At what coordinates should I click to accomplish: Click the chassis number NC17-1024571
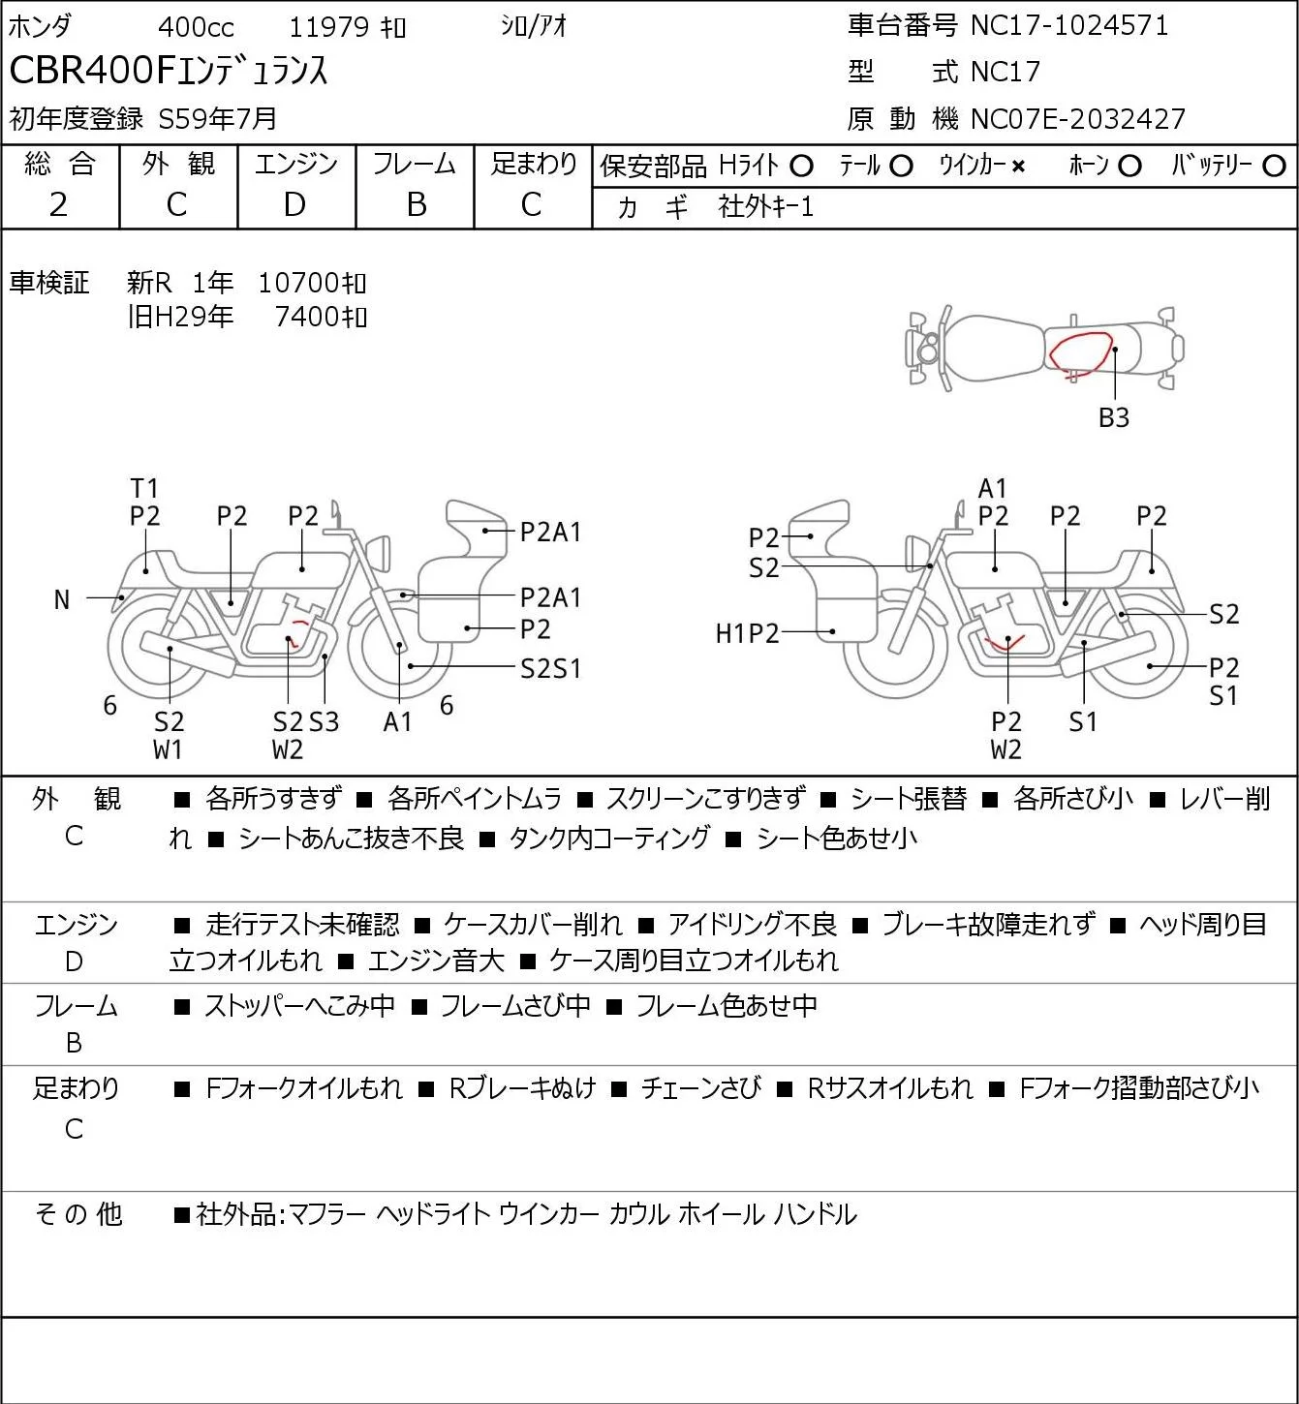1069,25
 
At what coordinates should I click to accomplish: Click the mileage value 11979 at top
329,27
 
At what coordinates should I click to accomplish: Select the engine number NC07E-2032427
1077,119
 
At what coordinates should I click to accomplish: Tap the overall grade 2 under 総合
59,205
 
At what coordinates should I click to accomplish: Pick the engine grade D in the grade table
294,205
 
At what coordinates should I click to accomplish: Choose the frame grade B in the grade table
416,205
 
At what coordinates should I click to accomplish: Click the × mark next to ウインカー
1018,167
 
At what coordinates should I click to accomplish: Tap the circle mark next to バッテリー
1274,167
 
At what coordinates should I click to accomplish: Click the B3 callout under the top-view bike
1114,417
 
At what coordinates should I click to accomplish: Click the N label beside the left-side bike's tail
62,600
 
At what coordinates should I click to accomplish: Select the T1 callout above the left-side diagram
144,489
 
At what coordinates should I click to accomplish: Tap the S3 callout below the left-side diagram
325,721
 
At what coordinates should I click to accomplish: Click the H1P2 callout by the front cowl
747,633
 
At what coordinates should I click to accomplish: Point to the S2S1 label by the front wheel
550,668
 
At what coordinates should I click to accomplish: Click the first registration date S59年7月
217,119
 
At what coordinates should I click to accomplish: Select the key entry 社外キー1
766,208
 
